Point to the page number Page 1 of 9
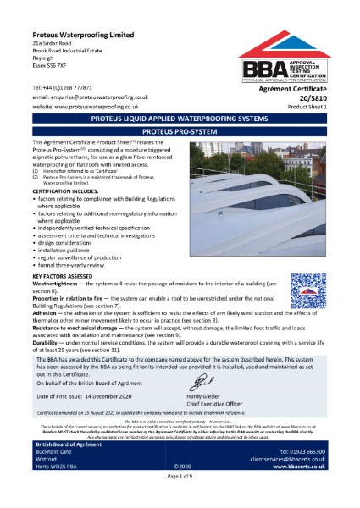pyautogui.click(x=180, y=500)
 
